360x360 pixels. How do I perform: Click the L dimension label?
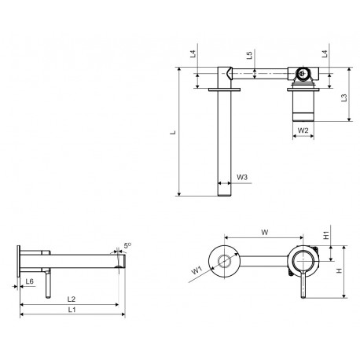[173, 132]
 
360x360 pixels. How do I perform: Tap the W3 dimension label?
[242, 178]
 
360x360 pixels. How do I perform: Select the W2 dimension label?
[303, 130]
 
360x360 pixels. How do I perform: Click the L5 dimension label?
[249, 55]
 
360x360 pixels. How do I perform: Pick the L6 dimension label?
[30, 281]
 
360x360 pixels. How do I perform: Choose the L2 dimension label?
[72, 299]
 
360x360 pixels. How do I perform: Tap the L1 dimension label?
[72, 310]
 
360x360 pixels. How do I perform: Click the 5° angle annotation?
[127, 245]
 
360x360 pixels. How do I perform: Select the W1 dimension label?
[197, 270]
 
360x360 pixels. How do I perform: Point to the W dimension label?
[265, 232]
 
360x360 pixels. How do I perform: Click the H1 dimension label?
[326, 235]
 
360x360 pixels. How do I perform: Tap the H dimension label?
[340, 270]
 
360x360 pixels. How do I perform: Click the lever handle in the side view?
[48, 284]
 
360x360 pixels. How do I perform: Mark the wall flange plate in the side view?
[18, 261]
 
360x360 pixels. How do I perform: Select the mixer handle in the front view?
[303, 285]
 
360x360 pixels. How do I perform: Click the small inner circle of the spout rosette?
[225, 261]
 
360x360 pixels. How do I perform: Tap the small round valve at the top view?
[303, 73]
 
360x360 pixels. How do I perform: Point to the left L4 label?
[193, 54]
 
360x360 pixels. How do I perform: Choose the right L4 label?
[325, 54]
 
